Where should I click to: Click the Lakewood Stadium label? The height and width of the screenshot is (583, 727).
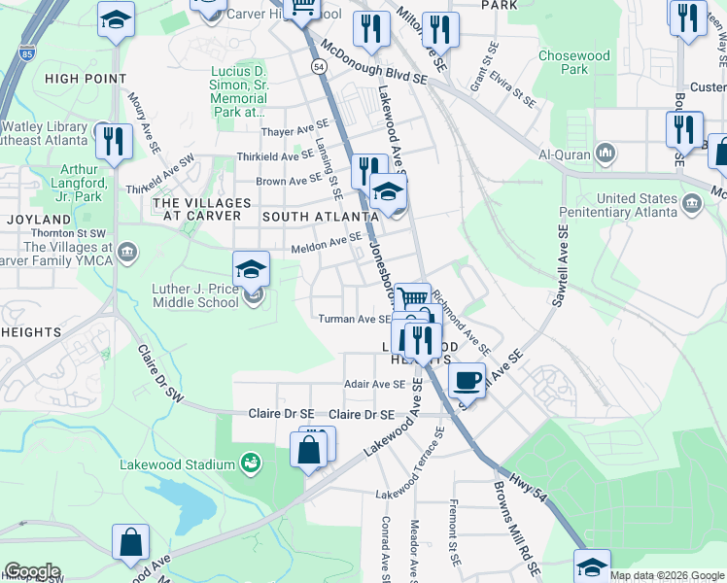[x=177, y=464]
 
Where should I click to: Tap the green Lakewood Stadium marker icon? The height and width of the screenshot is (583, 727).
[x=251, y=463]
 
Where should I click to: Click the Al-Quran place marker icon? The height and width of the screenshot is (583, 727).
[x=606, y=154]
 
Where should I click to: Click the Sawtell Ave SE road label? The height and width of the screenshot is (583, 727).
[x=561, y=267]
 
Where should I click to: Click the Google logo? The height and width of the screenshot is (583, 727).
[x=32, y=571]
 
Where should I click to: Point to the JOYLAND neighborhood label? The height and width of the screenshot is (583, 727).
[x=39, y=220]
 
